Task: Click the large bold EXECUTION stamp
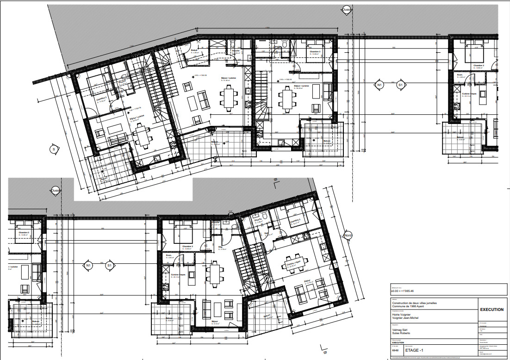[491, 310]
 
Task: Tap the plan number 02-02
[395, 351]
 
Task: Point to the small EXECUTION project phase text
[398, 343]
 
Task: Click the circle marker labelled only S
[54, 149]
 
